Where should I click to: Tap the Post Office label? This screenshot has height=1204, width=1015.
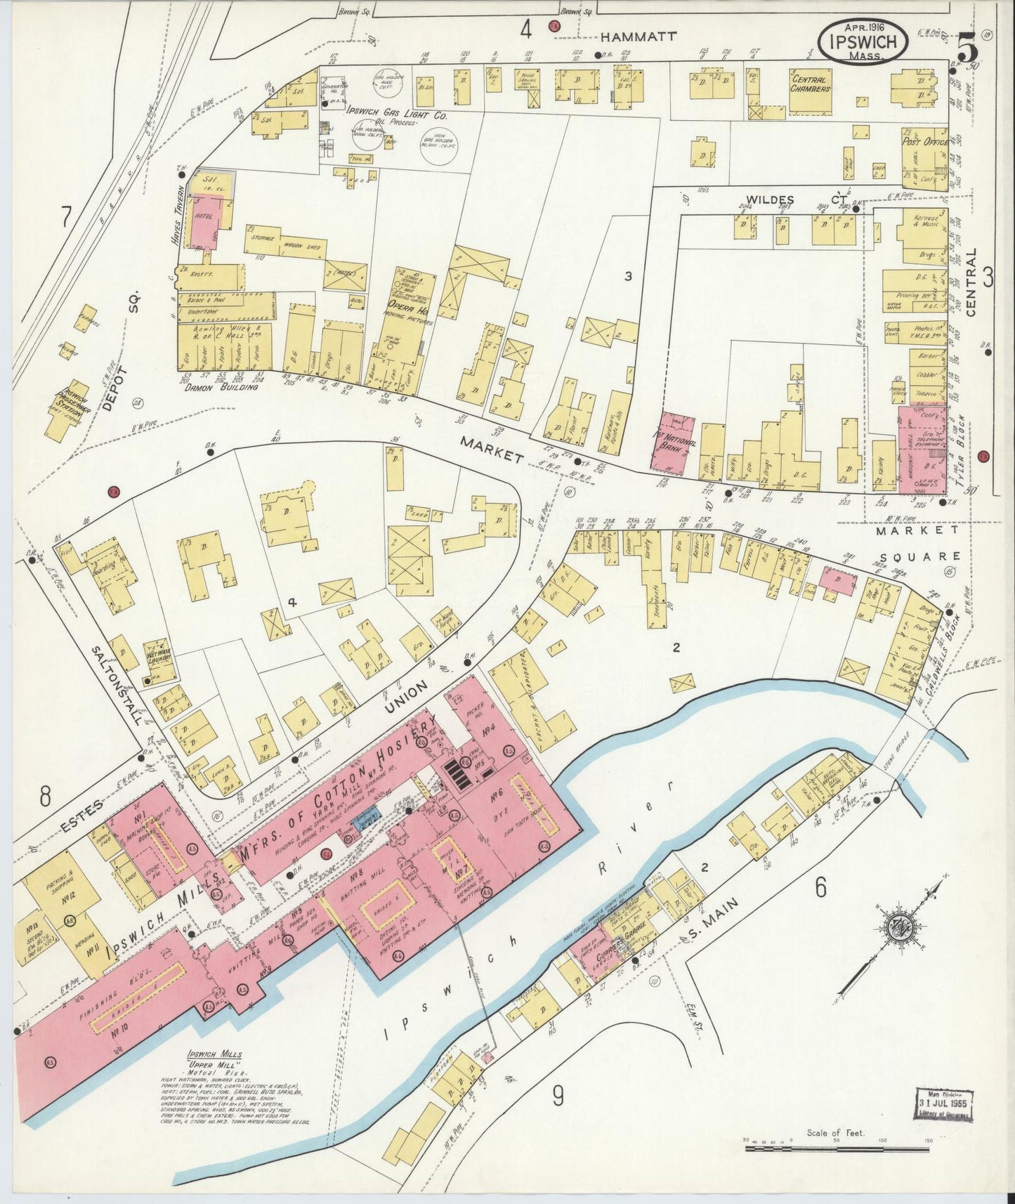tap(924, 142)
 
